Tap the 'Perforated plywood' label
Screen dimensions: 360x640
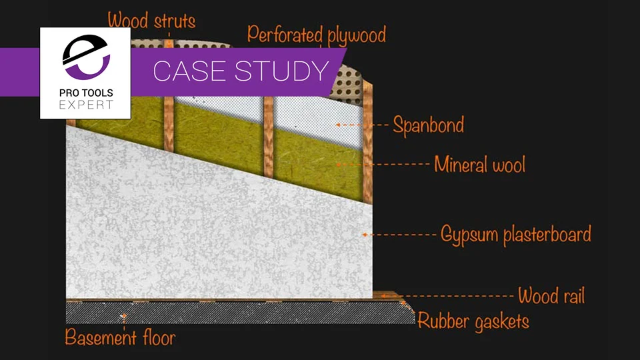pos(316,34)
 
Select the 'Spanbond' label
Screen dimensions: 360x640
pos(428,125)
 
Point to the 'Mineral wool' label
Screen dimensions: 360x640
pos(479,163)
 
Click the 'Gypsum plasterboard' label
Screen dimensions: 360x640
pos(515,235)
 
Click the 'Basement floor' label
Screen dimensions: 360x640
pos(120,337)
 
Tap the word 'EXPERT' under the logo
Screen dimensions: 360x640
pos(85,105)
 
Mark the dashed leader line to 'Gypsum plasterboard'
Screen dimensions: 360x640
pos(403,235)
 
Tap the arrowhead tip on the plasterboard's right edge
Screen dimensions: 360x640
pos(363,235)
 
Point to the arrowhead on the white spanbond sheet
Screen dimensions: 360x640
pos(338,125)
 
